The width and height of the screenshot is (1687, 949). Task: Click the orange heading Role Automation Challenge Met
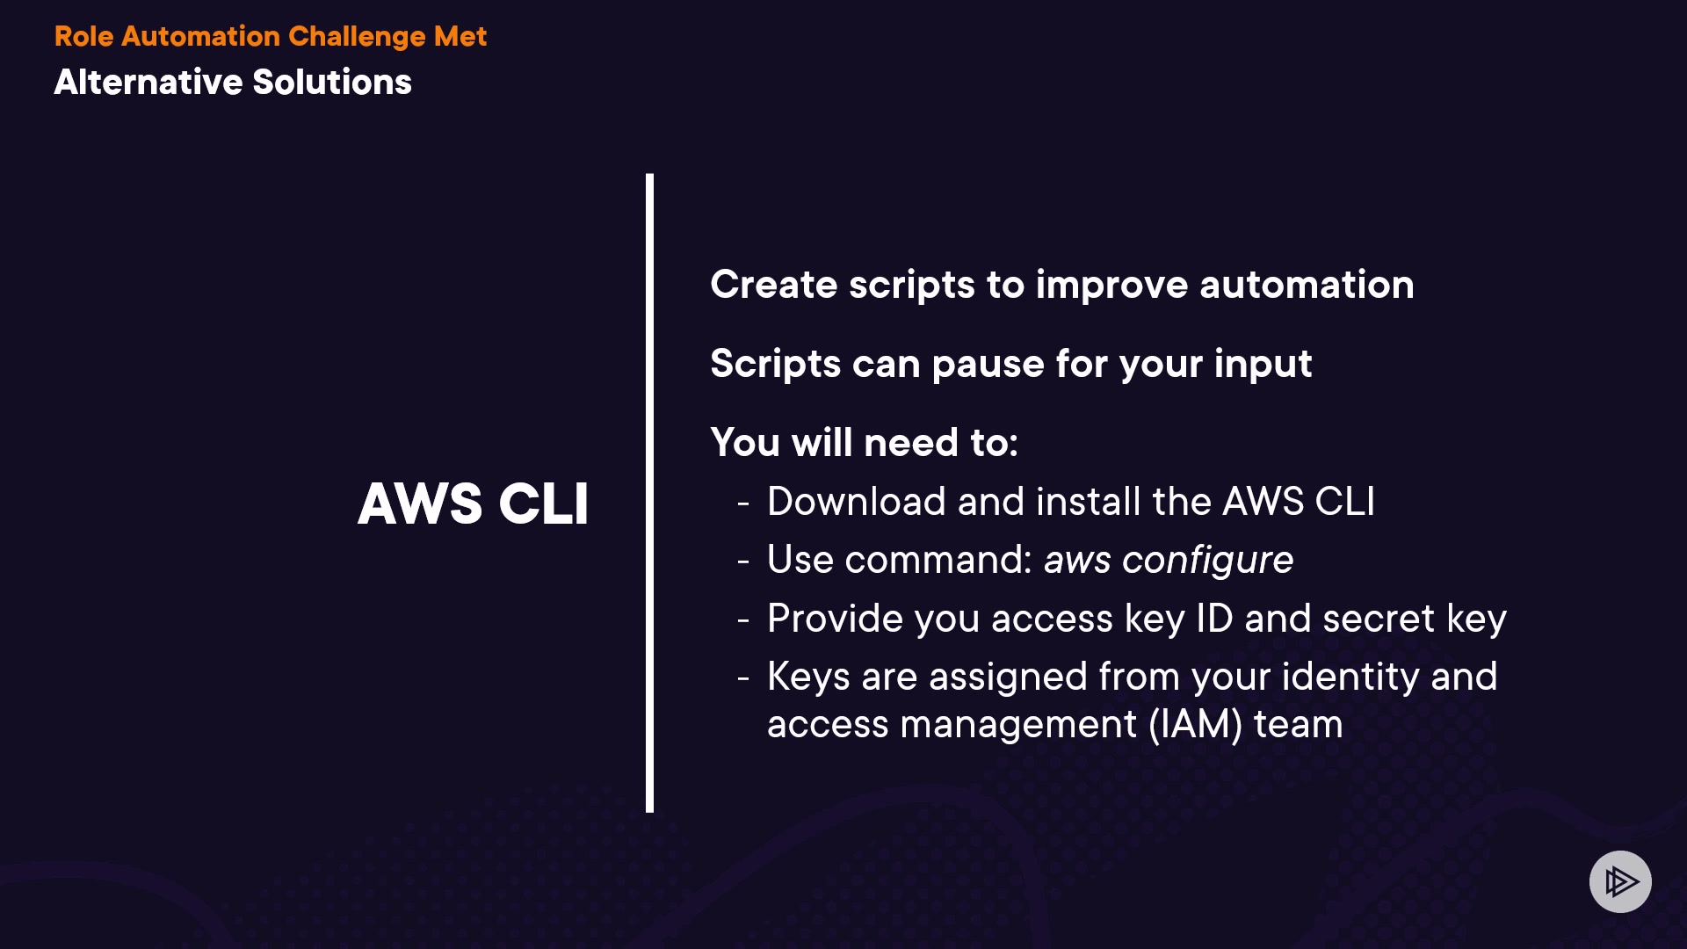270,37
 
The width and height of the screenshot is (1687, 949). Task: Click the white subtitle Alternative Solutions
233,82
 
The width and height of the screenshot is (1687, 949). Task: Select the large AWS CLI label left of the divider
473,503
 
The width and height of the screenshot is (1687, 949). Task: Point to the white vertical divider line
649,493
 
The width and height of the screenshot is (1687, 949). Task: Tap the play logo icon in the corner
1620,881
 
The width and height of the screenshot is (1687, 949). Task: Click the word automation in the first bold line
1307,285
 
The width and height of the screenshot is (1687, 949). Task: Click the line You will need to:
865,442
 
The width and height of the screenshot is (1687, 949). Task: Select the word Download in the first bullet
857,502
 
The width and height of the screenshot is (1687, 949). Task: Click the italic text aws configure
1169,561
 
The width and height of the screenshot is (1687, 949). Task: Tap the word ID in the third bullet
1215,619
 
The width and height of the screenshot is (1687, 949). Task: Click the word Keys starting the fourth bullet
808,677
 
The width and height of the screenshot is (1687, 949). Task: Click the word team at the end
1298,725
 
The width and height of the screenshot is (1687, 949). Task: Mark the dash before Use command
743,561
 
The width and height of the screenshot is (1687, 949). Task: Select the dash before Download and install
743,503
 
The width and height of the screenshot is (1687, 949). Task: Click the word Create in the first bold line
774,285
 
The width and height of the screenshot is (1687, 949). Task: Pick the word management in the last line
1018,726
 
